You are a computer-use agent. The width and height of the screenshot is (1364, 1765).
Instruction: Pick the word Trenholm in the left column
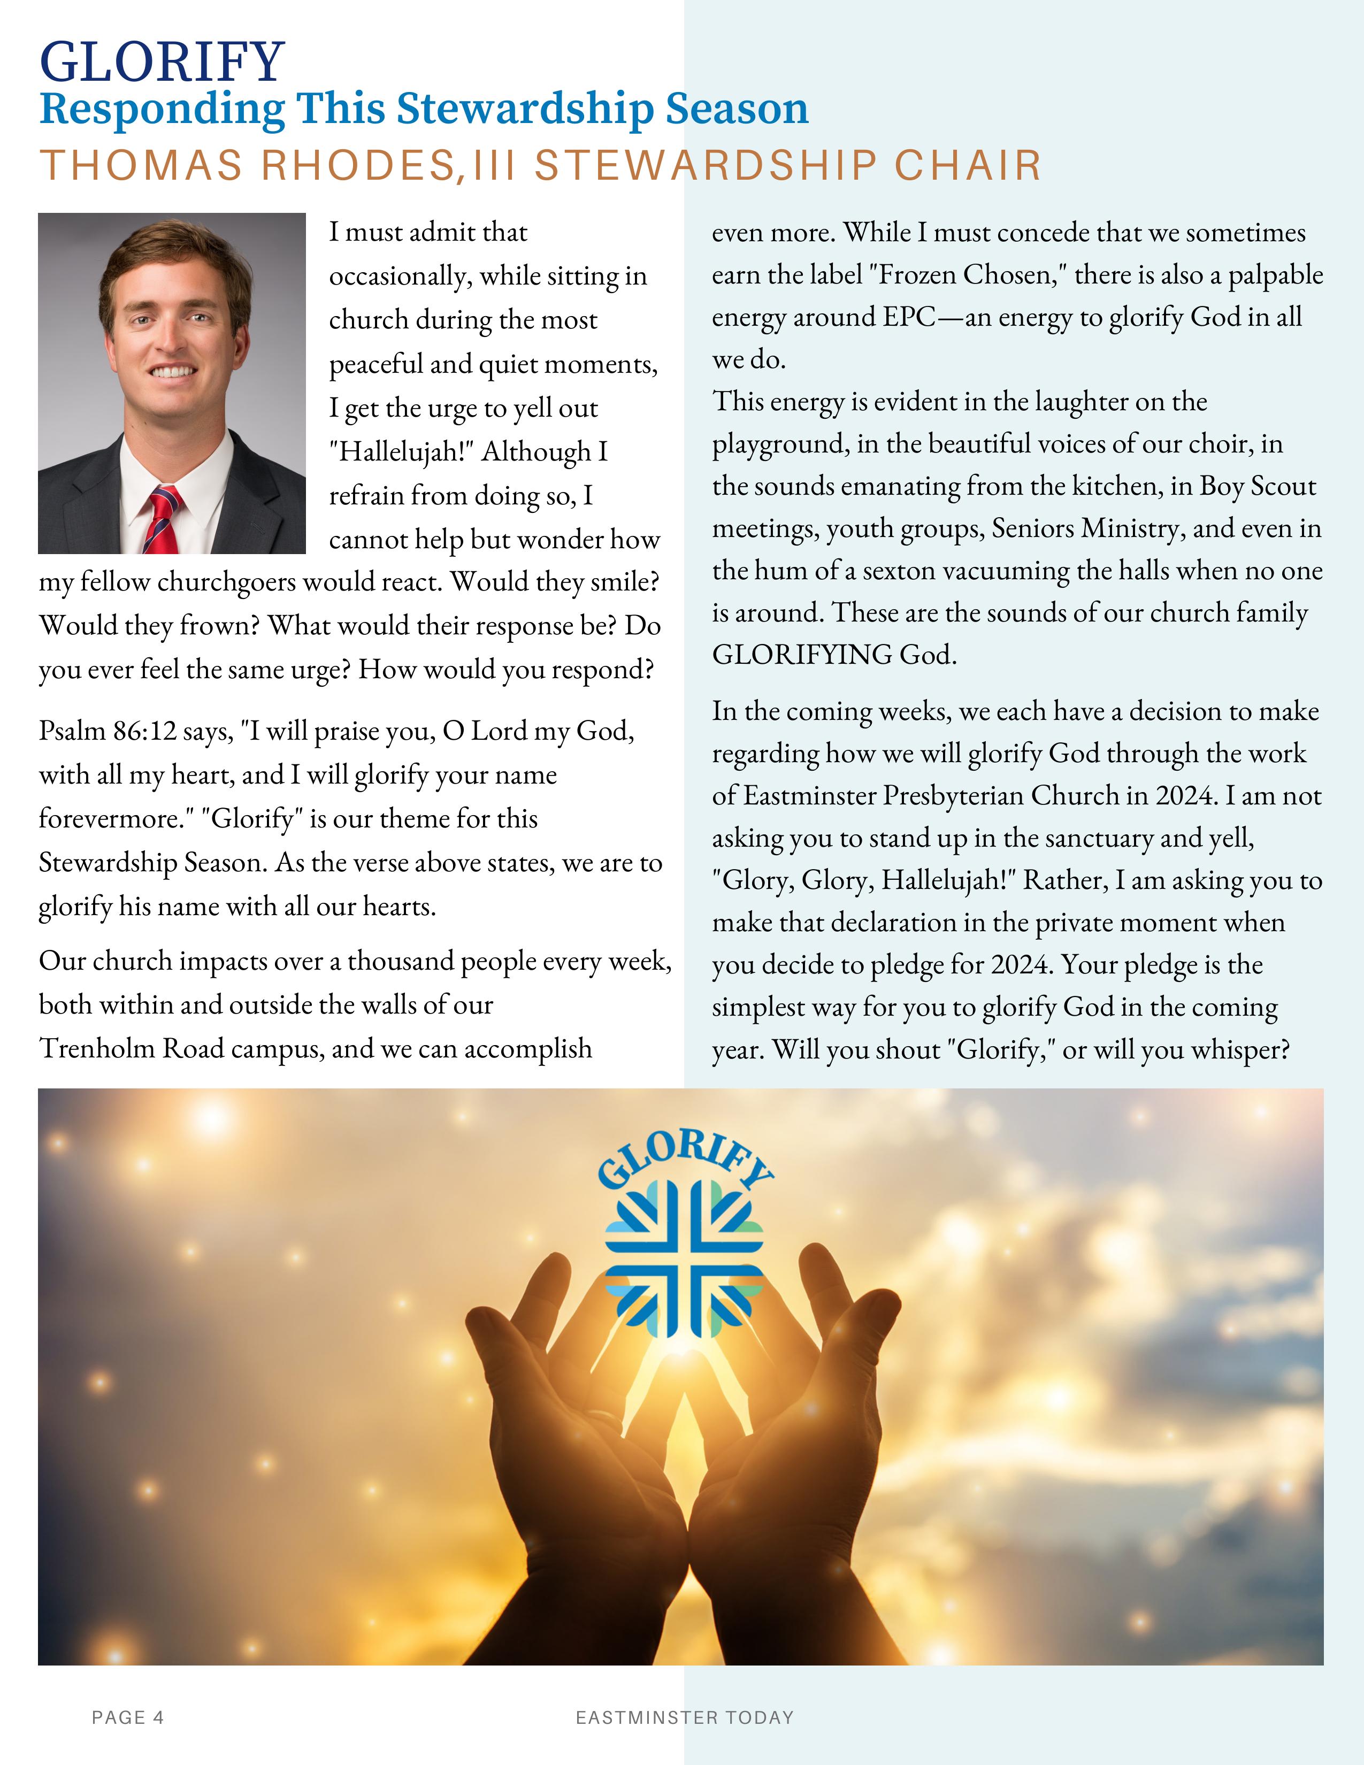tap(97, 1048)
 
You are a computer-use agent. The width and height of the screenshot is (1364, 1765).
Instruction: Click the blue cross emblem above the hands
tap(685, 1267)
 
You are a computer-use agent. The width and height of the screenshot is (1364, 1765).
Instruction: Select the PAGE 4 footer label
tap(128, 1717)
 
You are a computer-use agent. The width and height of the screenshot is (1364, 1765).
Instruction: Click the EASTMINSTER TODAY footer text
tap(685, 1717)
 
